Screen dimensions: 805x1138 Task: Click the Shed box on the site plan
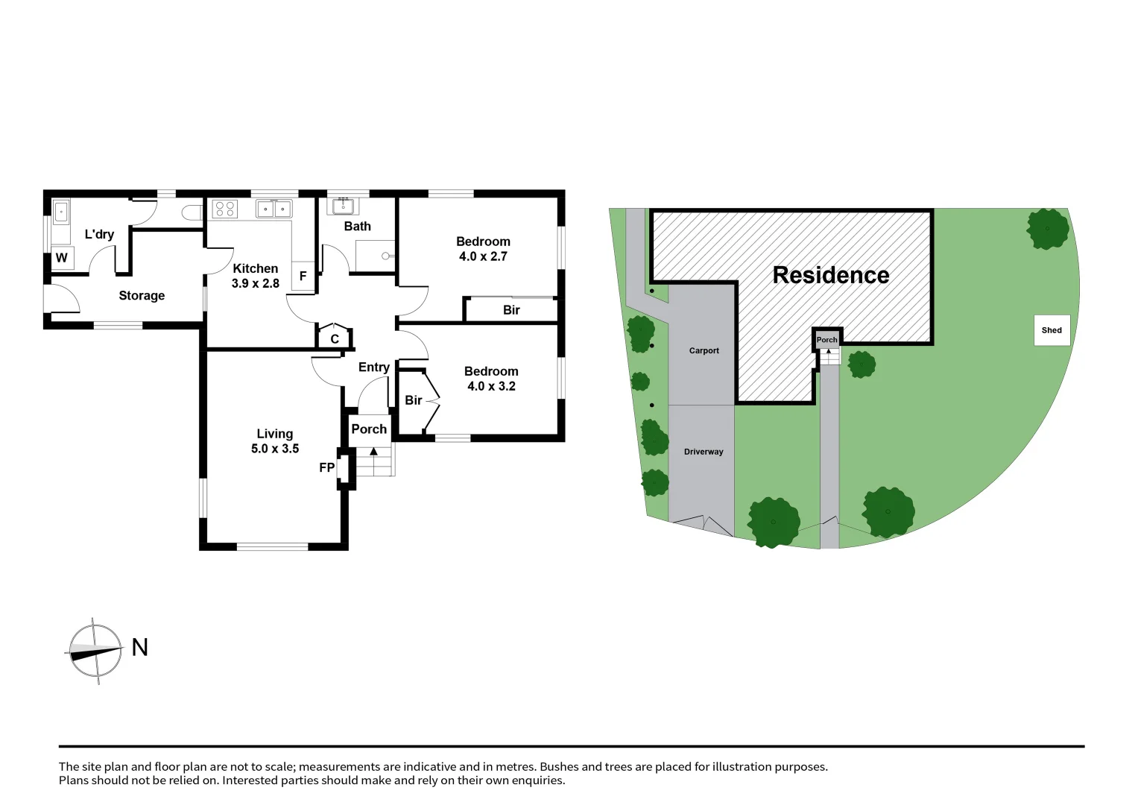(1052, 330)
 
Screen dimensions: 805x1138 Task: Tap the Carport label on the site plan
(704, 350)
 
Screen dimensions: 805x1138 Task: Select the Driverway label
(704, 452)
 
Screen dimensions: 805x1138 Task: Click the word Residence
(830, 275)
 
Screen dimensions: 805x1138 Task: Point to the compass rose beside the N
(95, 651)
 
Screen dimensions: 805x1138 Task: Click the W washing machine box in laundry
(62, 258)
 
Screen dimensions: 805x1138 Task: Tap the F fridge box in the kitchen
(303, 276)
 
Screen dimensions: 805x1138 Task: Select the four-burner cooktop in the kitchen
(226, 209)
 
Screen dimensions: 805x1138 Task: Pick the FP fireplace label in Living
(326, 467)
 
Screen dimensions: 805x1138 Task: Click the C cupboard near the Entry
(335, 338)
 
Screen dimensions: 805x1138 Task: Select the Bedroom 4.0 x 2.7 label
(483, 249)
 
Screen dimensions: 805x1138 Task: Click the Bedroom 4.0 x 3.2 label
(491, 379)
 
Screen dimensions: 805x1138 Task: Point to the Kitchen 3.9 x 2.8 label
(255, 276)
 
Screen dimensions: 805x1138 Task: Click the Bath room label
(357, 226)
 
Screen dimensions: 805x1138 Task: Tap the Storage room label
(142, 295)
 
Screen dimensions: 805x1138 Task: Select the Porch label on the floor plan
(369, 429)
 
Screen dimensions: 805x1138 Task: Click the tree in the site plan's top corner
(1047, 228)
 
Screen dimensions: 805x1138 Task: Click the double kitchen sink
(274, 209)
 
